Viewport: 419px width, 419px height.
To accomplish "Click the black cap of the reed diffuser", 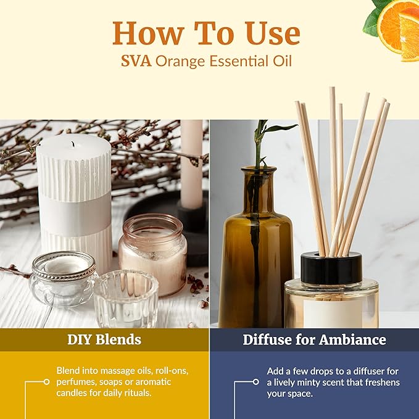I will pos(331,269).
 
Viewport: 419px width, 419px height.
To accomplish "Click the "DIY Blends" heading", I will pos(104,339).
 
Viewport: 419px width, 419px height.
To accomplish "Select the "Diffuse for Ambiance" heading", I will pos(314,339).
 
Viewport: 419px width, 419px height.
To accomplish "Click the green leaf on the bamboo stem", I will pos(280,128).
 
